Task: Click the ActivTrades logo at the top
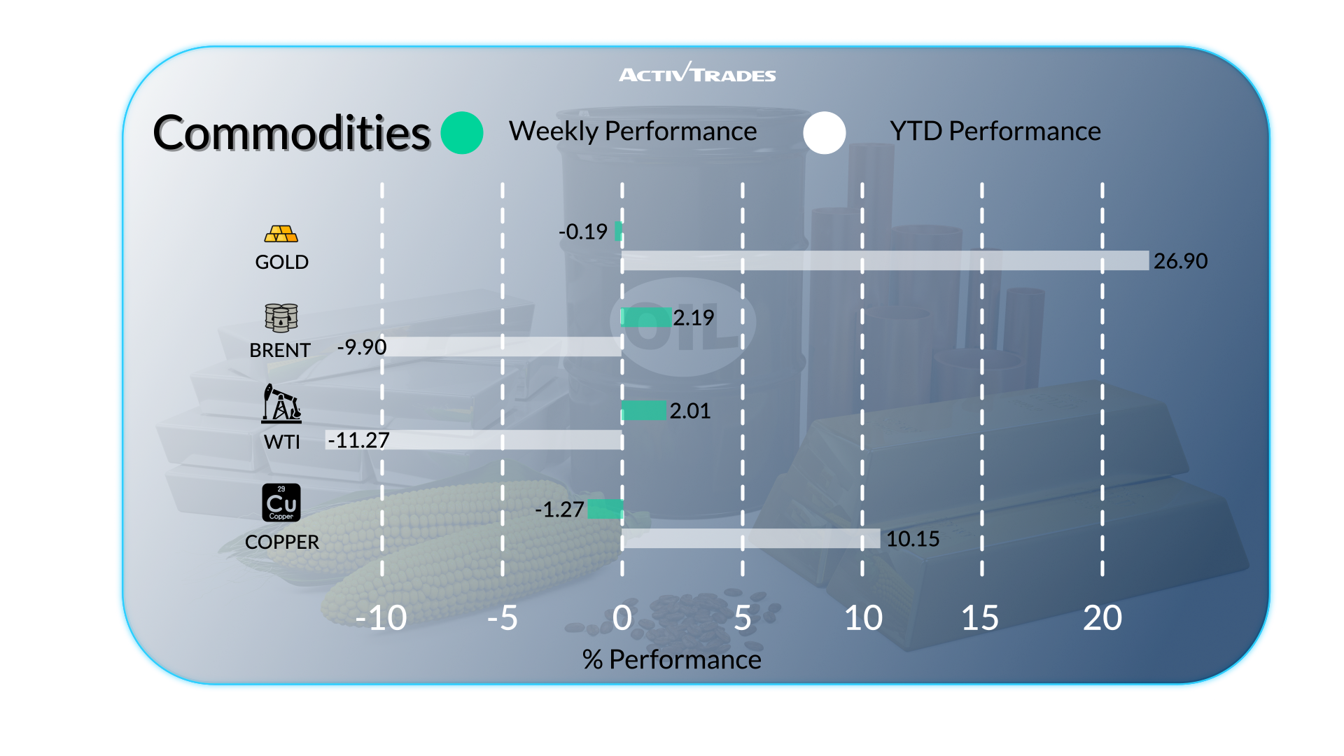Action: pyautogui.click(x=697, y=73)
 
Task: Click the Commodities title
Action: pyautogui.click(x=291, y=133)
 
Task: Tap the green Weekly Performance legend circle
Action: pyautogui.click(x=462, y=133)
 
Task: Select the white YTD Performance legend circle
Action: pyautogui.click(x=825, y=133)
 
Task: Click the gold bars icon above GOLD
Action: pyautogui.click(x=281, y=234)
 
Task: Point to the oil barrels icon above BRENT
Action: pyautogui.click(x=281, y=318)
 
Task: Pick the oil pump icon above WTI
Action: pyautogui.click(x=281, y=403)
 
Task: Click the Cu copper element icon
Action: pyautogui.click(x=281, y=503)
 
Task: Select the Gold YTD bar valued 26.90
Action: pyautogui.click(x=885, y=260)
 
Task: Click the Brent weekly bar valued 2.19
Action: pyautogui.click(x=647, y=318)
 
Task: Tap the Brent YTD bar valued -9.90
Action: pyautogui.click(x=503, y=346)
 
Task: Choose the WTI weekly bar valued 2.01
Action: pyautogui.click(x=644, y=410)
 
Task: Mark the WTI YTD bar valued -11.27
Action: pyautogui.click(x=474, y=440)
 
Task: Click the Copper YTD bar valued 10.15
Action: pyautogui.click(x=750, y=538)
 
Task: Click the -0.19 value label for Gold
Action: pyautogui.click(x=583, y=232)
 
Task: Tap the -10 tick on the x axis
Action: pyautogui.click(x=381, y=618)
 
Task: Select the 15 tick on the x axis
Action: pyautogui.click(x=980, y=618)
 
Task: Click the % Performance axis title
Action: pyautogui.click(x=671, y=659)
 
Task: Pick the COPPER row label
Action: pyautogui.click(x=281, y=542)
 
